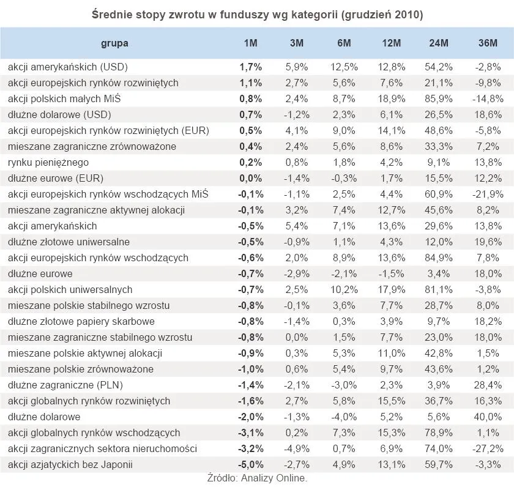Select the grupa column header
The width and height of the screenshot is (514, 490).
pos(115,43)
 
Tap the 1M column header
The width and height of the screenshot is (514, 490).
pos(251,43)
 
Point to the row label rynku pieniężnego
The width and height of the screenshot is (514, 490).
pos(48,162)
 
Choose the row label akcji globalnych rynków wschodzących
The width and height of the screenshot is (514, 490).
pos(94,432)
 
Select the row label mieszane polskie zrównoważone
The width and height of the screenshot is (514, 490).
pos(81,369)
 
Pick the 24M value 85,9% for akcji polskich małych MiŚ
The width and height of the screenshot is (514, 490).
pos(439,98)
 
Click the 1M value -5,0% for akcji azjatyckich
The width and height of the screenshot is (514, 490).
pos(250,464)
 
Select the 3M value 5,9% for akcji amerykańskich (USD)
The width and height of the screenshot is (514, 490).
pos(296,67)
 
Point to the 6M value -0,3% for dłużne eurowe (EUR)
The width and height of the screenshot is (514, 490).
pos(343,178)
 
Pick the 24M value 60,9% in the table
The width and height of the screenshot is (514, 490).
pos(439,194)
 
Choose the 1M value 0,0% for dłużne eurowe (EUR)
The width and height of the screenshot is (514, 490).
pos(250,178)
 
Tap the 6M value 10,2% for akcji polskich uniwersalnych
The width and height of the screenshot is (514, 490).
pos(343,289)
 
